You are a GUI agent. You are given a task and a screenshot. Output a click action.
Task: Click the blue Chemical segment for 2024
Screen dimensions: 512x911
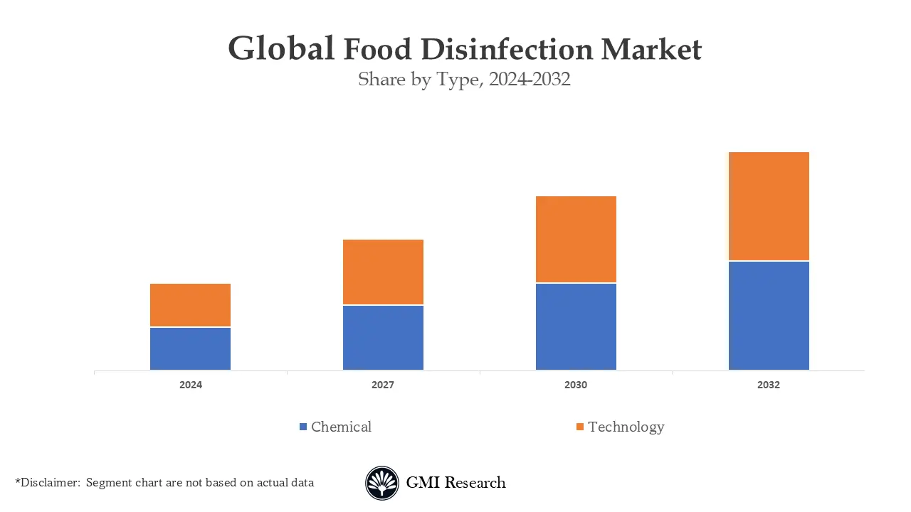(x=190, y=348)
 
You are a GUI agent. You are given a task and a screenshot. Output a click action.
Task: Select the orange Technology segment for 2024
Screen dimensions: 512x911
(x=190, y=305)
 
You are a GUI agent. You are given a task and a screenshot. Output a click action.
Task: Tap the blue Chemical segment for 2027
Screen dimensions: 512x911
(x=383, y=338)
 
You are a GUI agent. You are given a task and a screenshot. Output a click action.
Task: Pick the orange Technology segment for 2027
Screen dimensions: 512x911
(x=383, y=272)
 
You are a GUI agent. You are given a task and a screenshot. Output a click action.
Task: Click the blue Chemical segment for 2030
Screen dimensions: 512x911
(x=576, y=326)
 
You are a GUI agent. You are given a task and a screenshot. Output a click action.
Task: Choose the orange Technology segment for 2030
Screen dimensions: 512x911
(x=576, y=240)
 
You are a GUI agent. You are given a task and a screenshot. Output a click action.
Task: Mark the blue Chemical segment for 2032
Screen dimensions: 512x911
(x=769, y=316)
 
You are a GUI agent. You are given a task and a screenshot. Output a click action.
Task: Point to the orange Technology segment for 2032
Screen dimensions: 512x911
(x=769, y=206)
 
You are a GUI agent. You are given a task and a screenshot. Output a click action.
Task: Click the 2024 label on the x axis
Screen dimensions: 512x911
(x=191, y=385)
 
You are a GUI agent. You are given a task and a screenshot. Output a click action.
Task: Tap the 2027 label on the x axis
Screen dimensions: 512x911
(x=383, y=385)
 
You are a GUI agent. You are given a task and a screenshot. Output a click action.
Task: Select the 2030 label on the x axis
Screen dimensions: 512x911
(x=576, y=385)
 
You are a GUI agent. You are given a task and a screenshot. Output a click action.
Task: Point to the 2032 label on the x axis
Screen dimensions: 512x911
(x=769, y=385)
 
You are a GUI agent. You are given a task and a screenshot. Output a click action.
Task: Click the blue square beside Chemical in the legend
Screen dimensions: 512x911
(x=303, y=427)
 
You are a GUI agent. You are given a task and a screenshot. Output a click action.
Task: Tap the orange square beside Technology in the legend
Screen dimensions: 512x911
(x=580, y=427)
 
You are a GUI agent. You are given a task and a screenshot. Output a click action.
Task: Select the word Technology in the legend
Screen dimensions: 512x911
(x=626, y=427)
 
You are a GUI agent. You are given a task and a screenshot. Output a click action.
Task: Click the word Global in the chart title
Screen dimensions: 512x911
(x=281, y=49)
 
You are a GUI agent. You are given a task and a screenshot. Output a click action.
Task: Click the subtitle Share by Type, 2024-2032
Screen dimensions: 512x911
(x=464, y=80)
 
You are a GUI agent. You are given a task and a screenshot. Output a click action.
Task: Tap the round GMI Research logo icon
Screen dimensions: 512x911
(x=382, y=484)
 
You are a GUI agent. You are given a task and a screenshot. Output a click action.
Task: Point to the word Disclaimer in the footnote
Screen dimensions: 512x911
(x=51, y=483)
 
